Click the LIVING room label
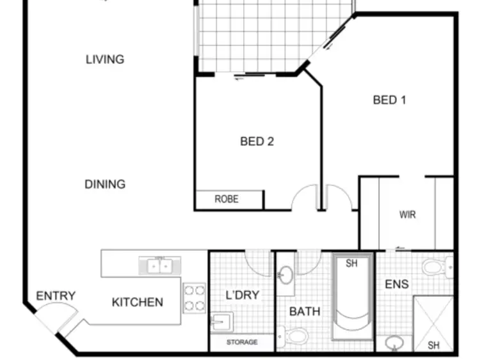[105, 59]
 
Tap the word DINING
[105, 184]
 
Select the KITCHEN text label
[137, 302]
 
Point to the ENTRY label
[56, 296]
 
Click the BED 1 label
[389, 100]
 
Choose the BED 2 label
[257, 141]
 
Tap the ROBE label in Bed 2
[227, 200]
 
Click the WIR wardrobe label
[407, 214]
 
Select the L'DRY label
[243, 295]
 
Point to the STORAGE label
[242, 343]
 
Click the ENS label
[397, 283]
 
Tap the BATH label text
[305, 311]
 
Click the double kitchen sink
[159, 265]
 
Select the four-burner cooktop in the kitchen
[194, 297]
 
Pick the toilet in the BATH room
[295, 335]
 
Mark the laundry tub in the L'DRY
[221, 320]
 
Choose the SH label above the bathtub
[351, 263]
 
